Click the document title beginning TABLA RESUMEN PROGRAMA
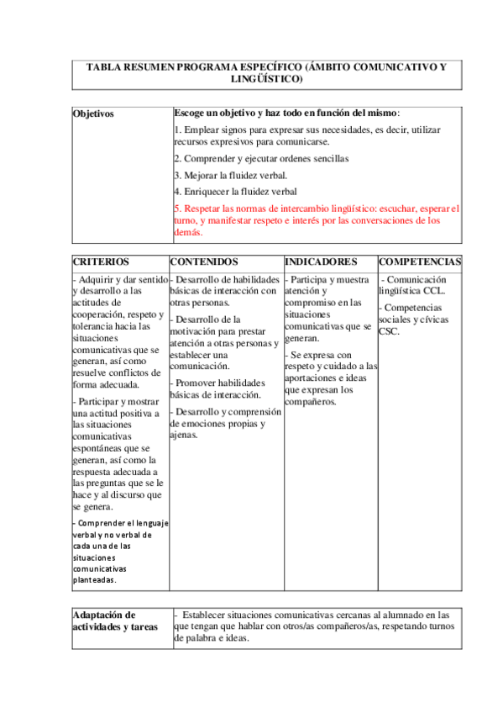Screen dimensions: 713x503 (266, 66)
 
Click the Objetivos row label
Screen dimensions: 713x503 (93, 114)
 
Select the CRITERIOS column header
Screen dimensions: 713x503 (101, 262)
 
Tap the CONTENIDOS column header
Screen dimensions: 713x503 (204, 262)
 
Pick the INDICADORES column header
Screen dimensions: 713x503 (321, 262)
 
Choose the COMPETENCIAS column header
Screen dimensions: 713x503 (420, 262)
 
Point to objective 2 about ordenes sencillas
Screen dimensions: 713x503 (261, 158)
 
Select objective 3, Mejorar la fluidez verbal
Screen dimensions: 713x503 (230, 175)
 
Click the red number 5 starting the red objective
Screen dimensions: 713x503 (176, 208)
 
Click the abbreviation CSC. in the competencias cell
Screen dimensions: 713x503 (389, 331)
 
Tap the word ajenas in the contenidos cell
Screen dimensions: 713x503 (183, 436)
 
